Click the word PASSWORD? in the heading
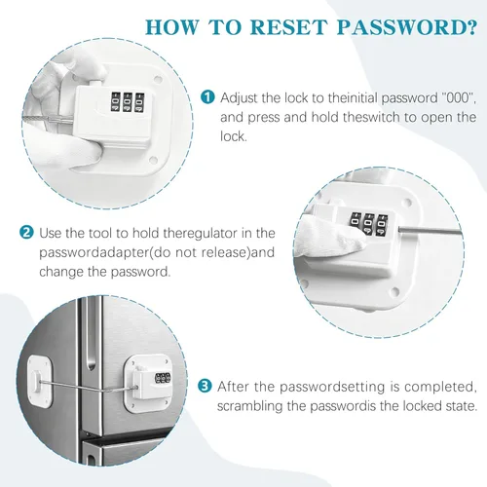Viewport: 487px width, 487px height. pos(407,27)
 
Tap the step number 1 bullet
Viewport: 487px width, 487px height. pos(207,97)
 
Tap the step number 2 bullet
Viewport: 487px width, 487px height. pos(26,233)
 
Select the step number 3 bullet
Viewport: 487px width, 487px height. pos(205,387)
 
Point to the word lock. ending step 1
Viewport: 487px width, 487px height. pos(234,136)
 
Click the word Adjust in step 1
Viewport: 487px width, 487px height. pos(239,98)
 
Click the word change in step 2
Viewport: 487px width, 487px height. pos(60,272)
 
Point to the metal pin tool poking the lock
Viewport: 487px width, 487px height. pos(430,231)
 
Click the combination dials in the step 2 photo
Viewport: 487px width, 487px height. pos(368,223)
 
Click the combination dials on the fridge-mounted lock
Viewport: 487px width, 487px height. pos(163,379)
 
